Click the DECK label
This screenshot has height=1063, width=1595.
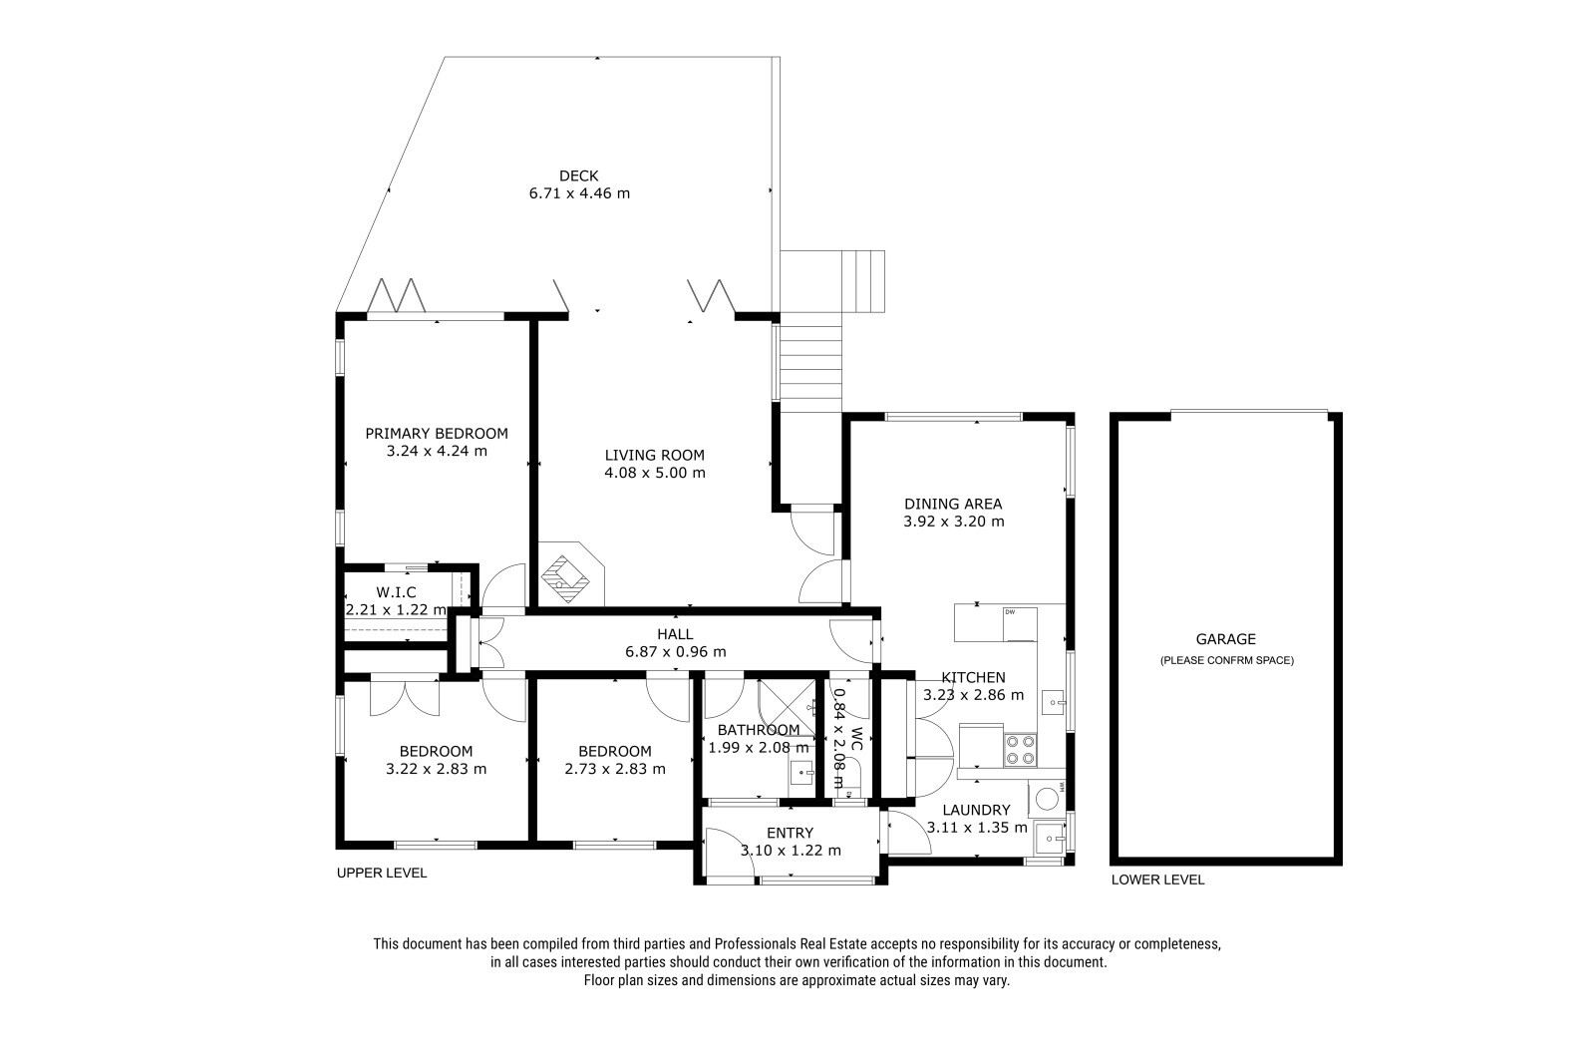578,176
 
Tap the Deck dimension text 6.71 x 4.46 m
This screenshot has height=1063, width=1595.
579,193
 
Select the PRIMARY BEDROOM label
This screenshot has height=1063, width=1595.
437,433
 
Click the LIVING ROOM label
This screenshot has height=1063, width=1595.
654,455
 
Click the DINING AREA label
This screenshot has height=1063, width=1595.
953,504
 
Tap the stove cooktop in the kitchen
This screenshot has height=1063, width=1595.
1020,750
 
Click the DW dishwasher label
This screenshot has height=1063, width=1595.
1009,612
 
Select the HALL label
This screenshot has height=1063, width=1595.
675,634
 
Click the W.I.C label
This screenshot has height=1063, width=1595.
396,592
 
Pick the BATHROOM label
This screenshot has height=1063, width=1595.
759,730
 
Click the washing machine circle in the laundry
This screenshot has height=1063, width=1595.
1046,799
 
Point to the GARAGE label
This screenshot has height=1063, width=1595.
1225,639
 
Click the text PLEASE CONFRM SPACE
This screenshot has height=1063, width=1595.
1227,660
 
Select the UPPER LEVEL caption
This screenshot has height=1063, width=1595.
382,873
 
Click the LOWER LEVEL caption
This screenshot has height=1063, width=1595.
1157,880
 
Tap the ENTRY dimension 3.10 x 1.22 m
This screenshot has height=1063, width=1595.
791,850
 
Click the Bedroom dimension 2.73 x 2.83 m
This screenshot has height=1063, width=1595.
615,769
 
